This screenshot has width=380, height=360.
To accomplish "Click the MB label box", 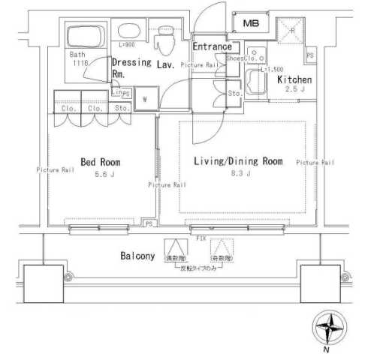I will [x=250, y=24].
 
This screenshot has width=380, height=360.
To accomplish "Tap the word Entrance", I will [x=212, y=46].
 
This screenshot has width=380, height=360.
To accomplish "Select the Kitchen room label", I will [x=294, y=79].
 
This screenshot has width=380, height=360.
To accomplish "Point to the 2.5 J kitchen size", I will [x=295, y=89].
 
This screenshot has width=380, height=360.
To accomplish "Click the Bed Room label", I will [x=100, y=162].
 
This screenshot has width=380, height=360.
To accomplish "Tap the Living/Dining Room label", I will [x=238, y=161].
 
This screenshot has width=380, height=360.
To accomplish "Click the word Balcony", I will [x=137, y=256].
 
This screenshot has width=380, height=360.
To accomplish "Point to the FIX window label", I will [x=201, y=238].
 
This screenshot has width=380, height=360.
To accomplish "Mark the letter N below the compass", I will [x=326, y=350].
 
